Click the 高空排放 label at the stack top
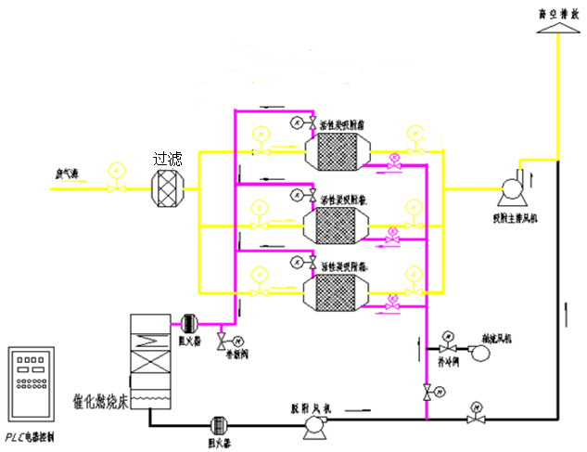555,14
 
